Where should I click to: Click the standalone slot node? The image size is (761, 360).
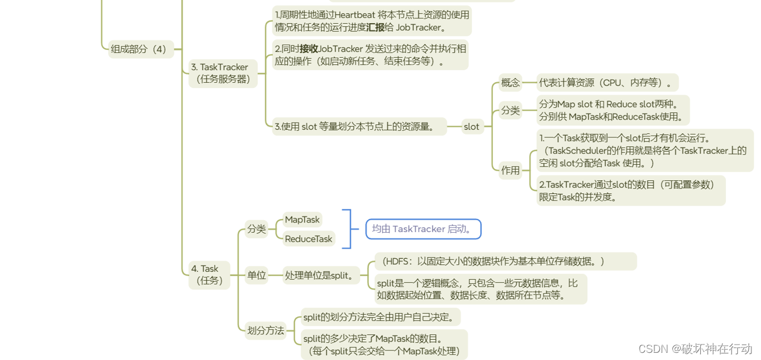(471, 126)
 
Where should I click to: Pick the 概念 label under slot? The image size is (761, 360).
(510, 83)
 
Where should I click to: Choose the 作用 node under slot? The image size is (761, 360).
(510, 170)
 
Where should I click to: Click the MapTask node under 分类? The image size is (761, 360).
(302, 220)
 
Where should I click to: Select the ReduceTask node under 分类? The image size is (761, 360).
(309, 239)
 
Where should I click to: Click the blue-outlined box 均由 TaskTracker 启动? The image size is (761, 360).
(423, 228)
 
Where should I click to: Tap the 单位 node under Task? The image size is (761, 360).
(256, 275)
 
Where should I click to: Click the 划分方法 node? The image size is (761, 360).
(265, 330)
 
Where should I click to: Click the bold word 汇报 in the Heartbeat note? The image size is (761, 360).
(375, 27)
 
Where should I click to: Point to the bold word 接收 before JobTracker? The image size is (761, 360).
(308, 48)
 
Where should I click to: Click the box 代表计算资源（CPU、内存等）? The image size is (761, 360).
(607, 83)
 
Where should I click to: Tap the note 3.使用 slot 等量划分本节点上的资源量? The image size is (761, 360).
(359, 126)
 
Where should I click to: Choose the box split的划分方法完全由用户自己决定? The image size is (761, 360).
(381, 317)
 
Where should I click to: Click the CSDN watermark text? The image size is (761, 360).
(695, 349)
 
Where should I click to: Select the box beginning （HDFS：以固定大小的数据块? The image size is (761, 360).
(505, 261)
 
